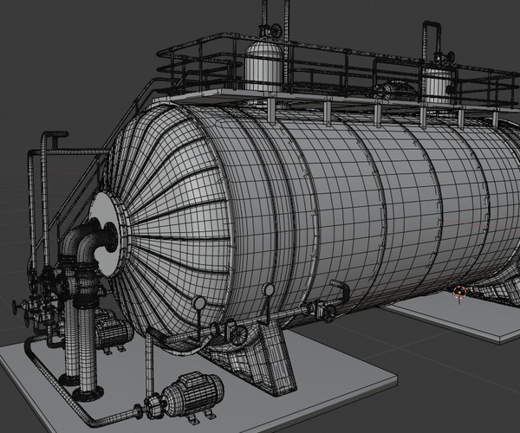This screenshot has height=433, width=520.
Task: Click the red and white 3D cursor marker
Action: pos(460,293)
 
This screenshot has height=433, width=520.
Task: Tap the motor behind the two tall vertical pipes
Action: pos(111,332)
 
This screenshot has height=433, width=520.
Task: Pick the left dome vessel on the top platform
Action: pos(264,65)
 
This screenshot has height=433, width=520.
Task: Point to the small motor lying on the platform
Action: pos(392,90)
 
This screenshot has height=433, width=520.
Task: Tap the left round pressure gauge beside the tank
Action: pos(200,303)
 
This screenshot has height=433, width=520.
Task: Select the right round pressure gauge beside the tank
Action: pos(270,290)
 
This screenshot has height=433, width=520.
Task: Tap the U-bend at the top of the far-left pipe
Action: pos(54,137)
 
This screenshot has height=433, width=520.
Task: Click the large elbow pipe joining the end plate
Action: pos(87,242)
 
